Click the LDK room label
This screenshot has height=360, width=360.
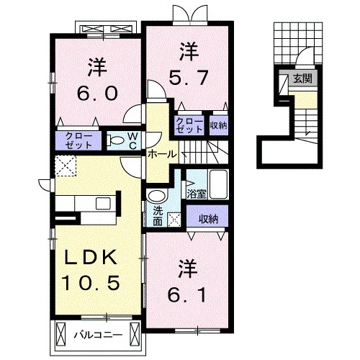(x=91, y=257)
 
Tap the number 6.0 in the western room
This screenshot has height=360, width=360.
(x=97, y=93)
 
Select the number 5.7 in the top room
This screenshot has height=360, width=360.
(x=189, y=78)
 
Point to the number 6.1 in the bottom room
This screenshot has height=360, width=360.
(x=187, y=295)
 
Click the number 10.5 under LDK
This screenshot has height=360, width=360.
(x=91, y=283)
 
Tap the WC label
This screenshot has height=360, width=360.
(x=133, y=141)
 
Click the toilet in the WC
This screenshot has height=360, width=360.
(x=114, y=140)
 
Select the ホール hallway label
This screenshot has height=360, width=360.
(x=162, y=154)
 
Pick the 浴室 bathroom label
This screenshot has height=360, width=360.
(x=197, y=194)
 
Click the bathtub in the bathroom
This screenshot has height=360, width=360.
(x=218, y=184)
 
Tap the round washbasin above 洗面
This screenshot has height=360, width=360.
(x=157, y=196)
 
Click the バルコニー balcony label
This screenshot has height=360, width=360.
(x=98, y=335)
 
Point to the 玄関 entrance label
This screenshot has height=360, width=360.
(x=303, y=78)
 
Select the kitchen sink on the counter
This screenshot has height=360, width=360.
(x=103, y=204)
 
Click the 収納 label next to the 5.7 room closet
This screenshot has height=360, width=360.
(x=218, y=125)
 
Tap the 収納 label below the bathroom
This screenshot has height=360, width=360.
(x=208, y=219)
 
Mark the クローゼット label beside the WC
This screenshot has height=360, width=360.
(x=78, y=140)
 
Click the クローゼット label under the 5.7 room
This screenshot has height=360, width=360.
(x=189, y=125)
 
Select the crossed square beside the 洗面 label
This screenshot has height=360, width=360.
(x=174, y=219)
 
